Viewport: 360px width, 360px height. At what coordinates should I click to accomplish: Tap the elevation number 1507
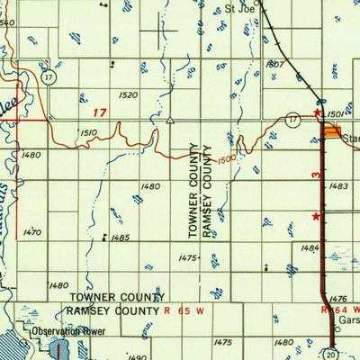click(275, 65)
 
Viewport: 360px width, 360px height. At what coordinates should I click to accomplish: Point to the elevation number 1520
click(128, 94)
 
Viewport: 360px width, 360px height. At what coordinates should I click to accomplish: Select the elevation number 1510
click(88, 132)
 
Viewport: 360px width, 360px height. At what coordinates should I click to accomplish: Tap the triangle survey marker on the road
click(169, 118)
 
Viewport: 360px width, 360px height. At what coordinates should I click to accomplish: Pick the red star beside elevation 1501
click(316, 112)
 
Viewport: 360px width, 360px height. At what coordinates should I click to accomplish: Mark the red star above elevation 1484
click(315, 216)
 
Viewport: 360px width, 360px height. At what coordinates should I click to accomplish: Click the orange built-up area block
click(333, 132)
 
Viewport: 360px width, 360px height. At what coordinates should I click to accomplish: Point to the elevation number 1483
click(339, 185)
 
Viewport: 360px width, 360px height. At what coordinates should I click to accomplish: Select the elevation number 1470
click(32, 231)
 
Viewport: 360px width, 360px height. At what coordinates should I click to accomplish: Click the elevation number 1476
click(338, 298)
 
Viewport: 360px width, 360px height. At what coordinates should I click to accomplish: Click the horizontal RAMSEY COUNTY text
click(115, 310)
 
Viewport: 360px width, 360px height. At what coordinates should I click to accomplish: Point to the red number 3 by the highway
click(316, 169)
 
